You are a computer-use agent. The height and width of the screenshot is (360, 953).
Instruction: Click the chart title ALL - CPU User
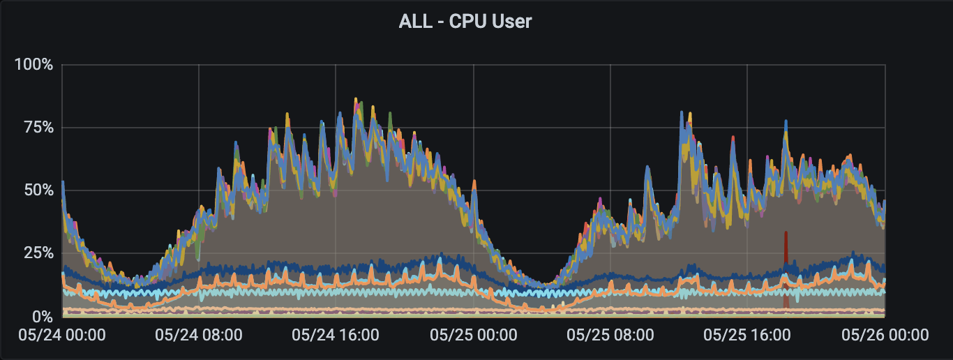pos(465,22)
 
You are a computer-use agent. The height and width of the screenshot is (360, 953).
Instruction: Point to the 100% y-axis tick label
pos(33,65)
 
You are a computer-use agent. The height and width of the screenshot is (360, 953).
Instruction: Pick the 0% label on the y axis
pos(40,315)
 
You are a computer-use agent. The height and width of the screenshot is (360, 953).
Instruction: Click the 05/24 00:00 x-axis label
pos(62,335)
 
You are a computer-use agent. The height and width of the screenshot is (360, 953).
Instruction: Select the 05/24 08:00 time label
pos(199,335)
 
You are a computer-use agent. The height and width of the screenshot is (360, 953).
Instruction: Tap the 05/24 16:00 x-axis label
pos(336,335)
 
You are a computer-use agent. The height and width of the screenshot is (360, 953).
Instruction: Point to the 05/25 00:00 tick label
pos(473,335)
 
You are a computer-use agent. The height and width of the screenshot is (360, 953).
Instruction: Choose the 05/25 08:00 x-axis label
pos(610,335)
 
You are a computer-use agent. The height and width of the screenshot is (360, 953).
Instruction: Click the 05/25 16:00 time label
pos(746,335)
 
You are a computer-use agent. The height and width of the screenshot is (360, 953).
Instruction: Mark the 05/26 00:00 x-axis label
pos(885,335)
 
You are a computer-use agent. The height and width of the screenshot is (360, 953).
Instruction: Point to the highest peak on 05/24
pos(356,100)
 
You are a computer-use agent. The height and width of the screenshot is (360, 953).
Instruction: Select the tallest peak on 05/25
pos(682,112)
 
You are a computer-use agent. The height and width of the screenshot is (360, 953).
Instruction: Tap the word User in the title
pos(511,22)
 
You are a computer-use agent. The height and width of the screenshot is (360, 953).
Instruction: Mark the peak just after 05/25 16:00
pos(786,121)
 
